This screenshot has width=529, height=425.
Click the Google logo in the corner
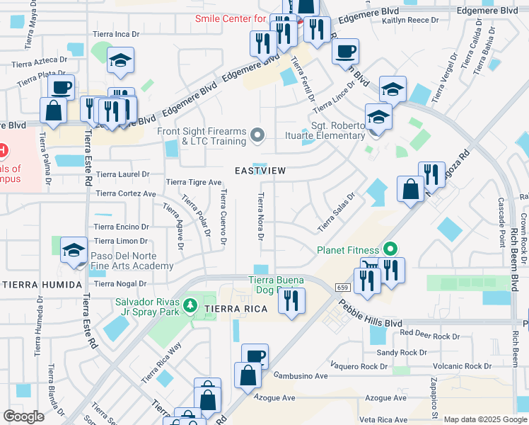pos(23,416)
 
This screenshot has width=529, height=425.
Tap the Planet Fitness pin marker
pos(388,249)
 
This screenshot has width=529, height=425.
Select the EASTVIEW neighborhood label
pos(261,171)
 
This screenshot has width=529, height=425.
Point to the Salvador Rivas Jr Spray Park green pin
pos(189,306)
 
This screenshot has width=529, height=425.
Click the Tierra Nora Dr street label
pos(261,216)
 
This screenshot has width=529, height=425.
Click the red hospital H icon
pos(3,151)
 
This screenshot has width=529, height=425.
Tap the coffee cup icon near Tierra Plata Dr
pos(61,88)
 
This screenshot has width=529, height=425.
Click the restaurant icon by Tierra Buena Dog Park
pos(291,301)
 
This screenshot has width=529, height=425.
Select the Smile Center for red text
pos(231,18)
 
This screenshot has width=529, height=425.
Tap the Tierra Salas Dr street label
pos(336,212)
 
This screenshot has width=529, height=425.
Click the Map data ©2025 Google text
pos(484,419)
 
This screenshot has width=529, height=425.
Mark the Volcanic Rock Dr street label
pos(463,366)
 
